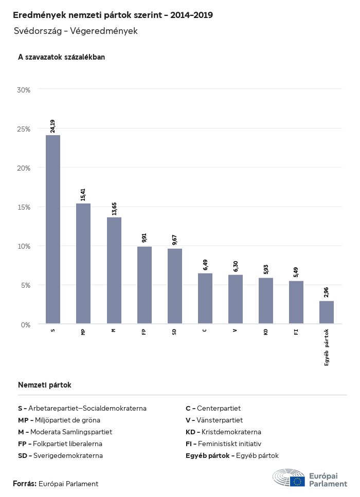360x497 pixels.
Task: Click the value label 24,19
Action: point(53,126)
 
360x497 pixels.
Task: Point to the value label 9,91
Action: point(145,238)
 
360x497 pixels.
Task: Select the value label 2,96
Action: point(327,292)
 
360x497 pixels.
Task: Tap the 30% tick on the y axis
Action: point(24,89)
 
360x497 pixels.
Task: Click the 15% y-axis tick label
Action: point(24,207)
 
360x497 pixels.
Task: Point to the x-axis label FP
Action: point(145,332)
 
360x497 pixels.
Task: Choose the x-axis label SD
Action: point(175,332)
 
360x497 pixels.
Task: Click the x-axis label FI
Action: point(296,332)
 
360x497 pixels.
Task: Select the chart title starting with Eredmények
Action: point(113,15)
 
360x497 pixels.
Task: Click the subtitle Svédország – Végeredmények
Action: point(76,31)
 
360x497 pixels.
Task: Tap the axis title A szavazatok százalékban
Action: point(61,57)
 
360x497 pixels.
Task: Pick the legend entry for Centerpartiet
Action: point(213,408)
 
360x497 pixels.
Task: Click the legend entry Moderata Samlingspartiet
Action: point(65,432)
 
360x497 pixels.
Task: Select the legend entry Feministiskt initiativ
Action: point(223,444)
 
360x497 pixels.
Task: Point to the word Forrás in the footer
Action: point(24,484)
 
